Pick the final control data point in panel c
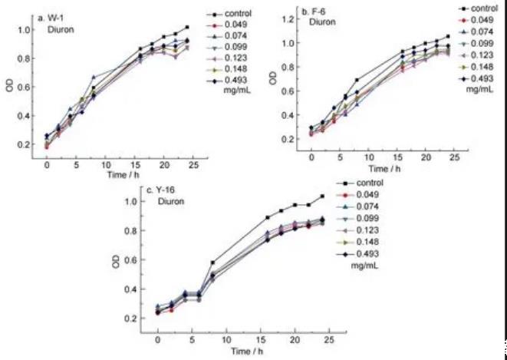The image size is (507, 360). (x=321, y=197)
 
